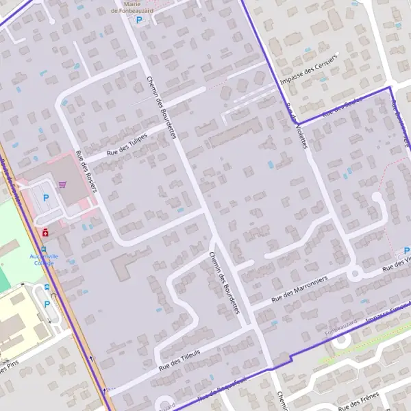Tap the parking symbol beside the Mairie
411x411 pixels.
pos(139,21)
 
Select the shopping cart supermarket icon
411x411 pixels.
pos(63,184)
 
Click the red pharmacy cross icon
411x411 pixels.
pos(45,233)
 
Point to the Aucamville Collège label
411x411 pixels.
pos(41,259)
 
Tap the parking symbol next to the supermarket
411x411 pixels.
pos(47,197)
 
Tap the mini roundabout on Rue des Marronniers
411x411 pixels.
pos(355,275)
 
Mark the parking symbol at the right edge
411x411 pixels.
pos(407,251)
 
